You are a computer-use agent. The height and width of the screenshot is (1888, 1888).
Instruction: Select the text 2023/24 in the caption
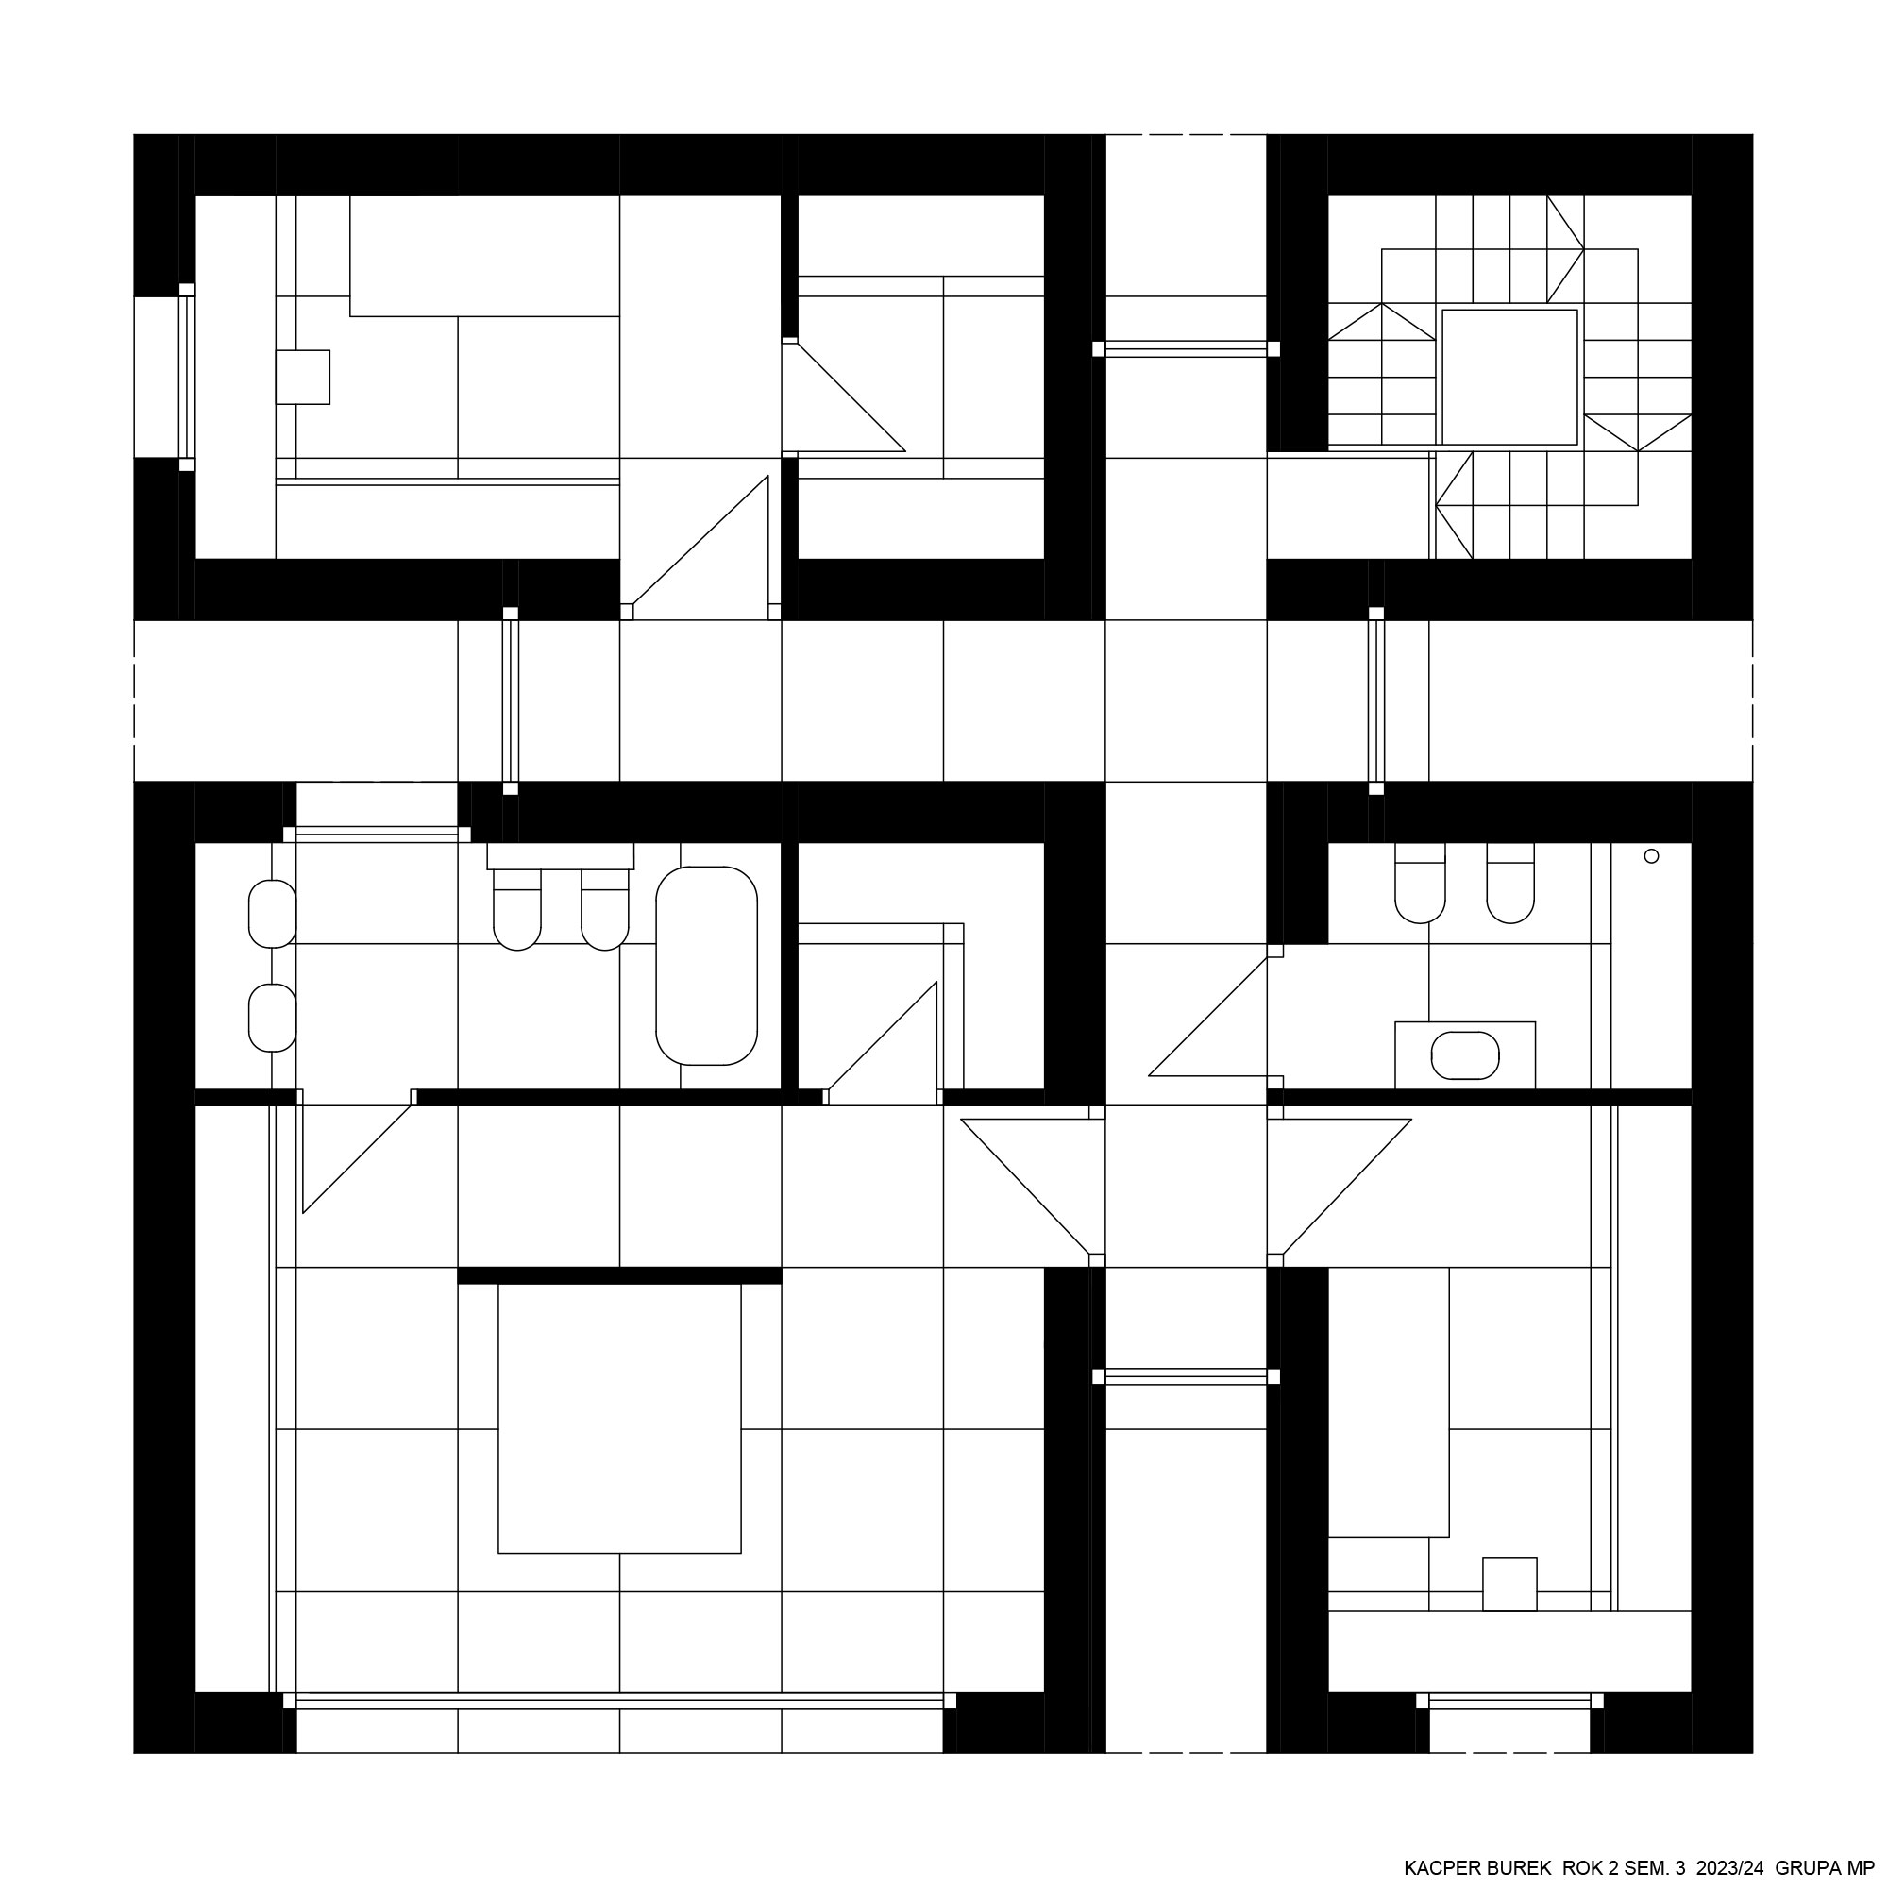(x=1730, y=1867)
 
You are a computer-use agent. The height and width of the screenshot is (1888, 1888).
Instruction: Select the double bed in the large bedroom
(x=619, y=1418)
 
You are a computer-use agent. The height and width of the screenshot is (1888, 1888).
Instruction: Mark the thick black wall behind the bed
(x=619, y=1275)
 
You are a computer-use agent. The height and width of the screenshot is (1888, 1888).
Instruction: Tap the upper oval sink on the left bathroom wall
(x=273, y=914)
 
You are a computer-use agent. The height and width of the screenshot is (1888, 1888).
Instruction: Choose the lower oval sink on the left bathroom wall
(x=273, y=1019)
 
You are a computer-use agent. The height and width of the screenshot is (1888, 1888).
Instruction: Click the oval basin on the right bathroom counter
(x=1465, y=1055)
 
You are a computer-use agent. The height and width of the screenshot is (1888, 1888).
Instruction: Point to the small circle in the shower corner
(x=1651, y=856)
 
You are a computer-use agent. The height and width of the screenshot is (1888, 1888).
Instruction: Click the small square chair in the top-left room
(x=303, y=377)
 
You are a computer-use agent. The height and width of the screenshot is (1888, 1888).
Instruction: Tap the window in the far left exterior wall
(x=186, y=377)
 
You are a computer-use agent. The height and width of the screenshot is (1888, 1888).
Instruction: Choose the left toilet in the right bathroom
(x=1420, y=883)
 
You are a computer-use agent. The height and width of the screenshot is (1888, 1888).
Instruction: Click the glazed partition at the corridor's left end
(x=510, y=700)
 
